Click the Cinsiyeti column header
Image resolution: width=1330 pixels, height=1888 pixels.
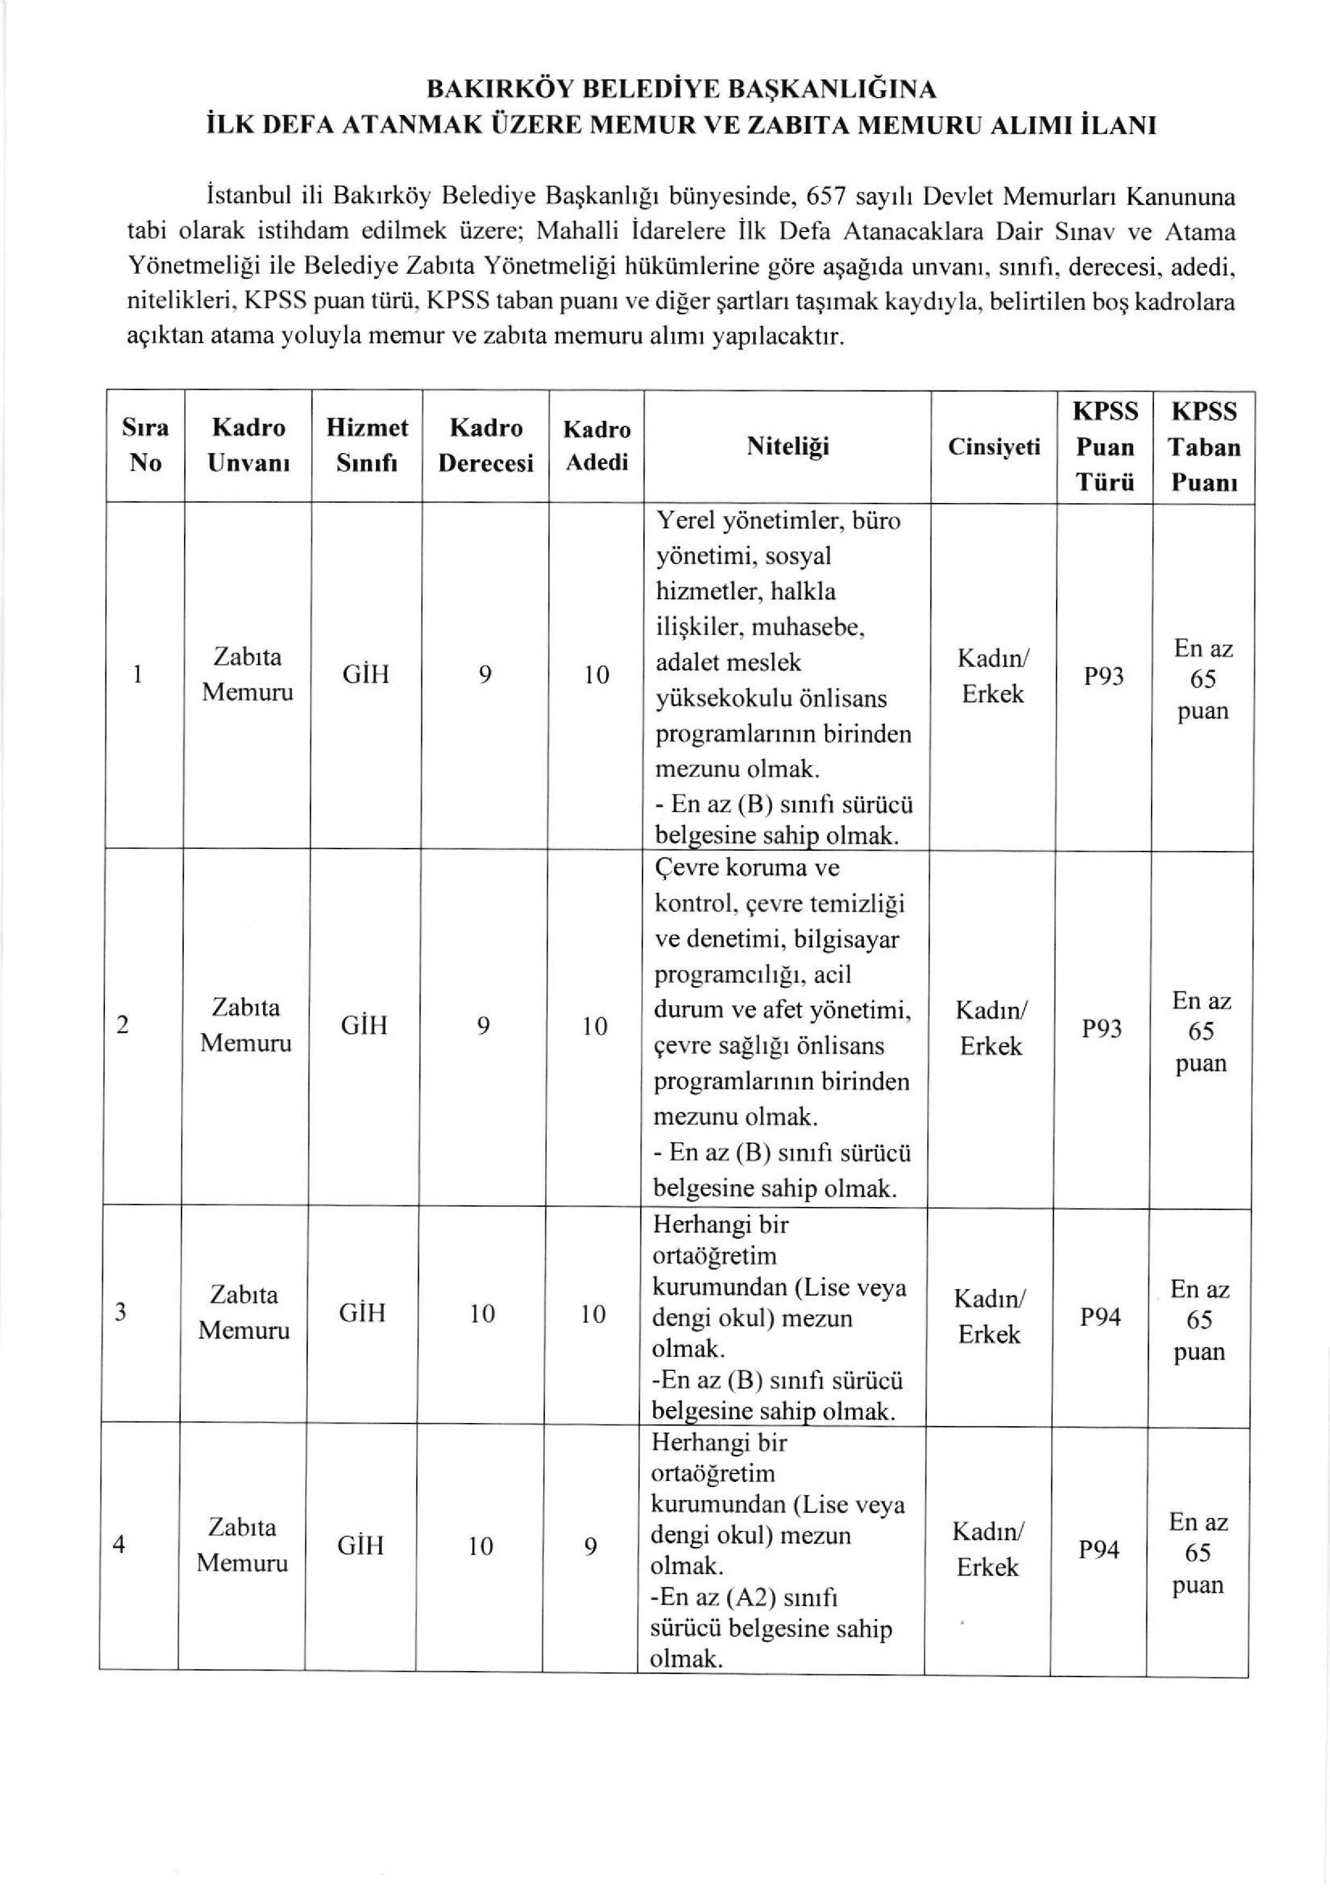pyautogui.click(x=994, y=447)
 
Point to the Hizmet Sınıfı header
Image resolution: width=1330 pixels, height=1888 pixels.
pyautogui.click(x=367, y=445)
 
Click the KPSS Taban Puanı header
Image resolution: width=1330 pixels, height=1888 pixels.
pyautogui.click(x=1203, y=447)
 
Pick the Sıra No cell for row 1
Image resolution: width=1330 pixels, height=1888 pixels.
pyautogui.click(x=138, y=675)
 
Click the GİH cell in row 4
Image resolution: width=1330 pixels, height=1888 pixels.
pyautogui.click(x=360, y=1546)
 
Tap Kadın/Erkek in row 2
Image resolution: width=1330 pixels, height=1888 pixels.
pyautogui.click(x=991, y=1028)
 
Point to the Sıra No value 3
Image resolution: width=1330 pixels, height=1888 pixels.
pyautogui.click(x=121, y=1312)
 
